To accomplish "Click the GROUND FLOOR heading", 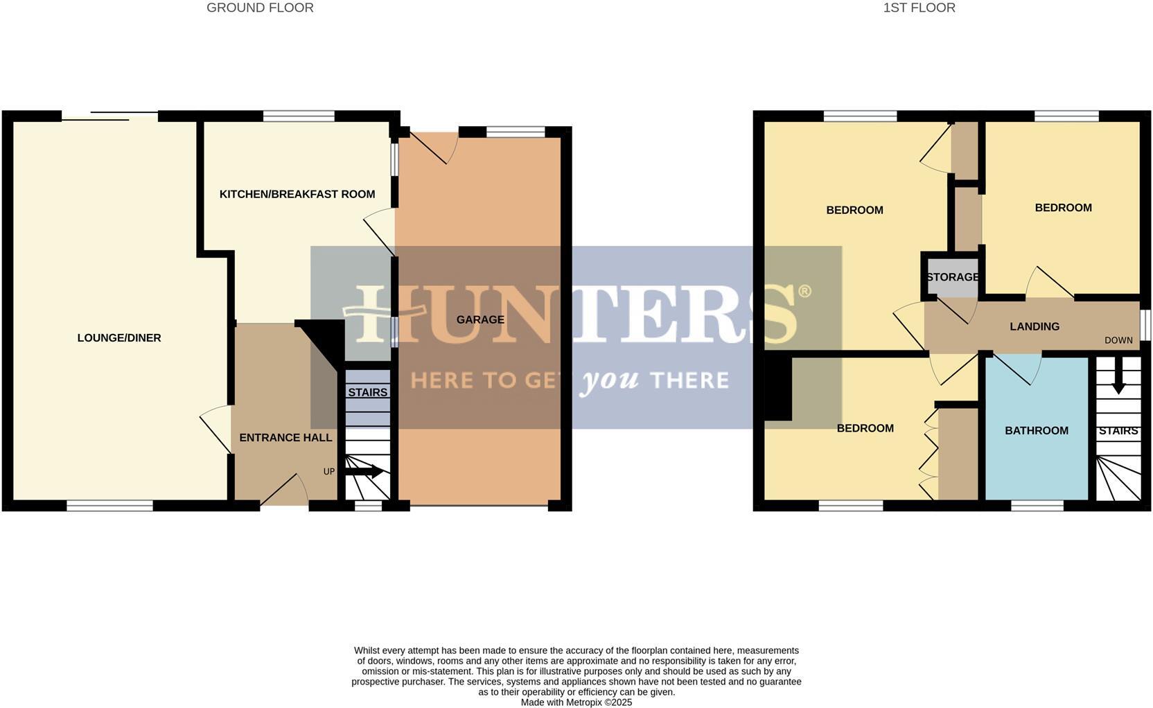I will [260, 8].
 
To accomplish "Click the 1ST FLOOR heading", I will [919, 8].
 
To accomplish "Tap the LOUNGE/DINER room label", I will [119, 338].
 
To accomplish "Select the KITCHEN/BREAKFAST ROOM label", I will [297, 194].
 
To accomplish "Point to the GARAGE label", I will [480, 319].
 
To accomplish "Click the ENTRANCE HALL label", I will [285, 438].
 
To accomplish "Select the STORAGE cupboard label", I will [953, 277].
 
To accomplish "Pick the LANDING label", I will [1035, 327].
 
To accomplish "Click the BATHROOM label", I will [1037, 431].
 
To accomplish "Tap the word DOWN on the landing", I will [1118, 341].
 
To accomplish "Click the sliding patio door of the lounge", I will [109, 116].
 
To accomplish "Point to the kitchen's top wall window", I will [299, 116].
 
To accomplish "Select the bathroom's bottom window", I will [1037, 506].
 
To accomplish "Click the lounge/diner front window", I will [109, 506].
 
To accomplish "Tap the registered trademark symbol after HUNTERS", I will [804, 291].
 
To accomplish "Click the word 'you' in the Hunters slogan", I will [610, 381].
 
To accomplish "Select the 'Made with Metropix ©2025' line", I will [576, 702].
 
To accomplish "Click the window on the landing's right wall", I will [1145, 325].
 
